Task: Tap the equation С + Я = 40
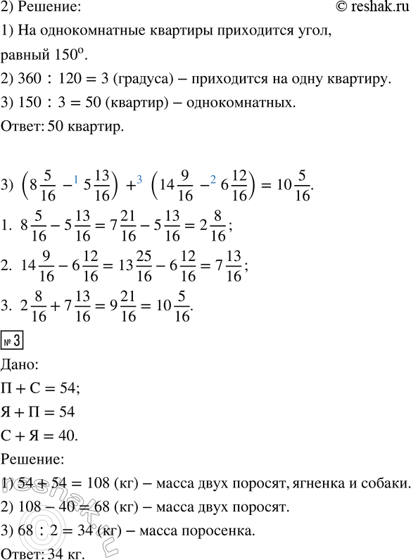(49, 436)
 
